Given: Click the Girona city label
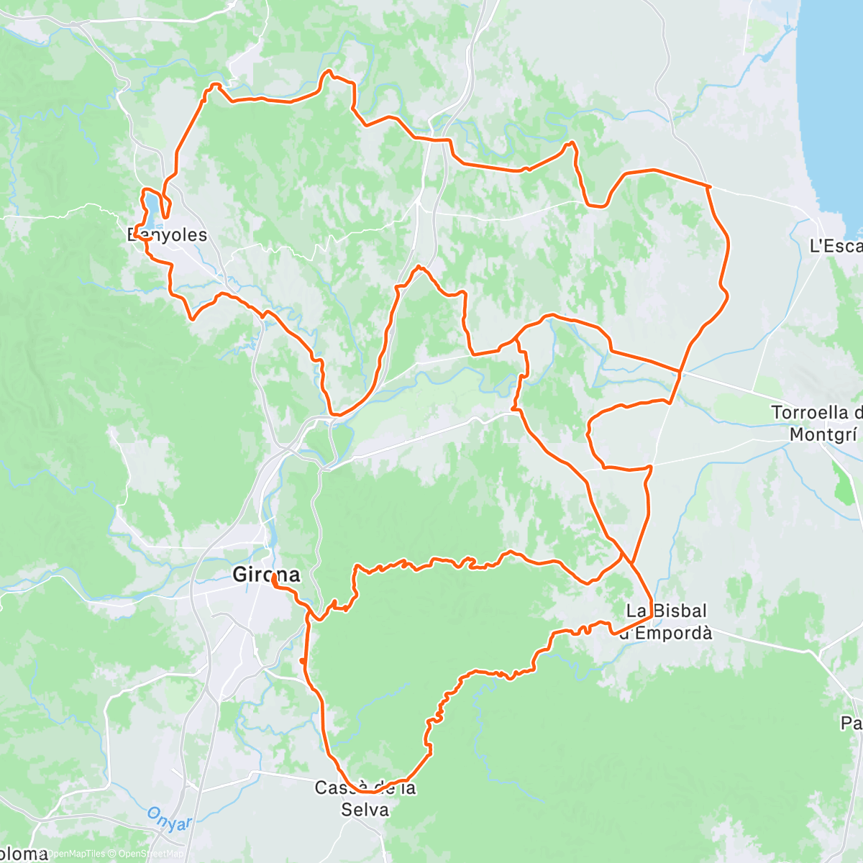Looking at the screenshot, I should click(x=266, y=574).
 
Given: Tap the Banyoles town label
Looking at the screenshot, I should click(x=167, y=235).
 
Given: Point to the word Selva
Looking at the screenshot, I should click(x=365, y=810).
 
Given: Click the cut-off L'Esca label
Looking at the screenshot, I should click(x=836, y=246).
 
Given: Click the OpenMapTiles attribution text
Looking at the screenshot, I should click(x=75, y=854).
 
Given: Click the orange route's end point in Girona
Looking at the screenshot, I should click(x=274, y=577).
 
